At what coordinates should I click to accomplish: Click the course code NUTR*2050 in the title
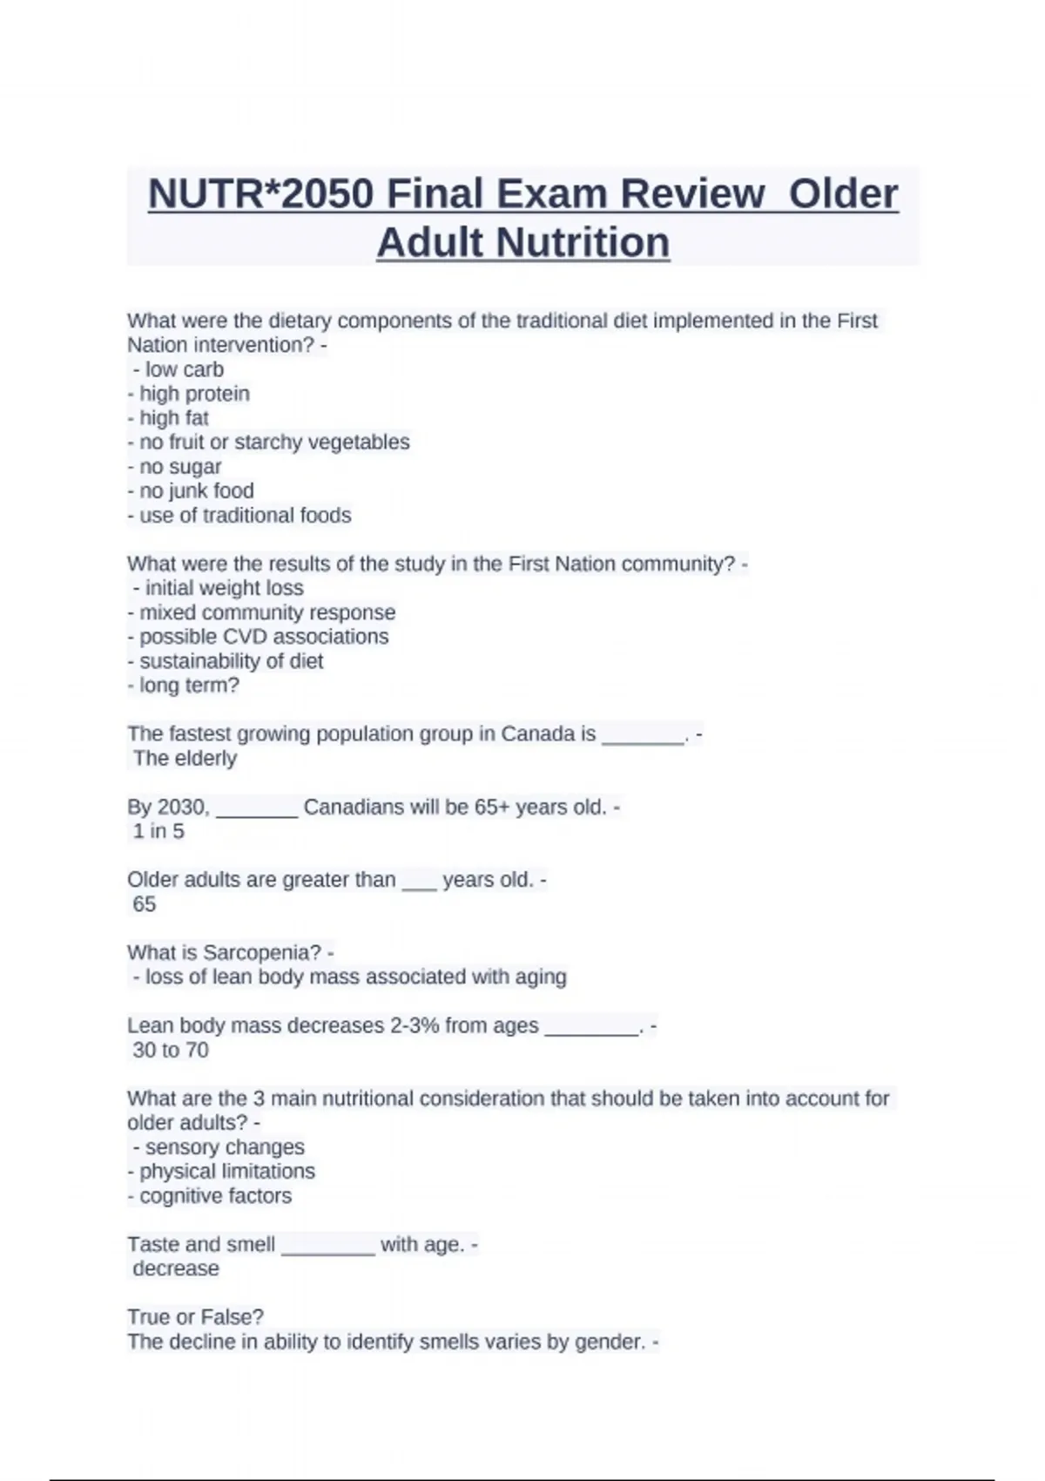(261, 193)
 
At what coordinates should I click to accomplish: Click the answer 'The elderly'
(185, 758)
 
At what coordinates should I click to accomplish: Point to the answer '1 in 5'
(158, 831)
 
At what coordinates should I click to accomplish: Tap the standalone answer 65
(144, 904)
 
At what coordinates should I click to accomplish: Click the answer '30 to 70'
(171, 1050)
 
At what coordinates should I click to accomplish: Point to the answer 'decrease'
(176, 1268)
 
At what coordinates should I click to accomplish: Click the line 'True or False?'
(195, 1317)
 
